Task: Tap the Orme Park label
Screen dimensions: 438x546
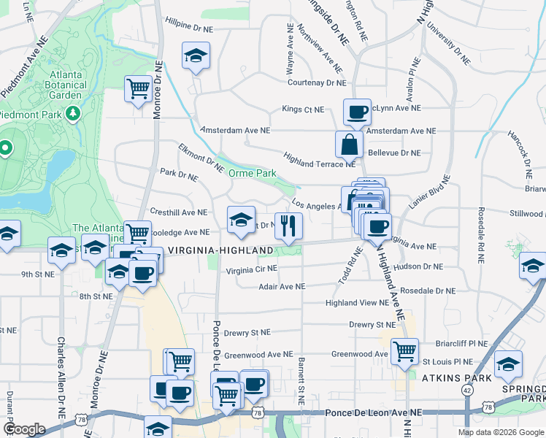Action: [x=252, y=173]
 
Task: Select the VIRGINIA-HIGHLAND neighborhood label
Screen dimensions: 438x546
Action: [x=220, y=250]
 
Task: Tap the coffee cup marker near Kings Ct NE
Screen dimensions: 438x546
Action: [x=357, y=112]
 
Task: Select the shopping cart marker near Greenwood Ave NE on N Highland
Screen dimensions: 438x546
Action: [x=404, y=352]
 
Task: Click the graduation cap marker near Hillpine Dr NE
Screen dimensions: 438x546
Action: [x=195, y=57]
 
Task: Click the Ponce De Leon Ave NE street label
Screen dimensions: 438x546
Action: [x=374, y=412]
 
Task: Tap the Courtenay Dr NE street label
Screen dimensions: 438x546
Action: [x=315, y=83]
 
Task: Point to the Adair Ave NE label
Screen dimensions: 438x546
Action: [x=282, y=287]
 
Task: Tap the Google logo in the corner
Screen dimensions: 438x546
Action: [x=24, y=429]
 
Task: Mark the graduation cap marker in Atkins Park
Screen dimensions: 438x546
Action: [x=508, y=364]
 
